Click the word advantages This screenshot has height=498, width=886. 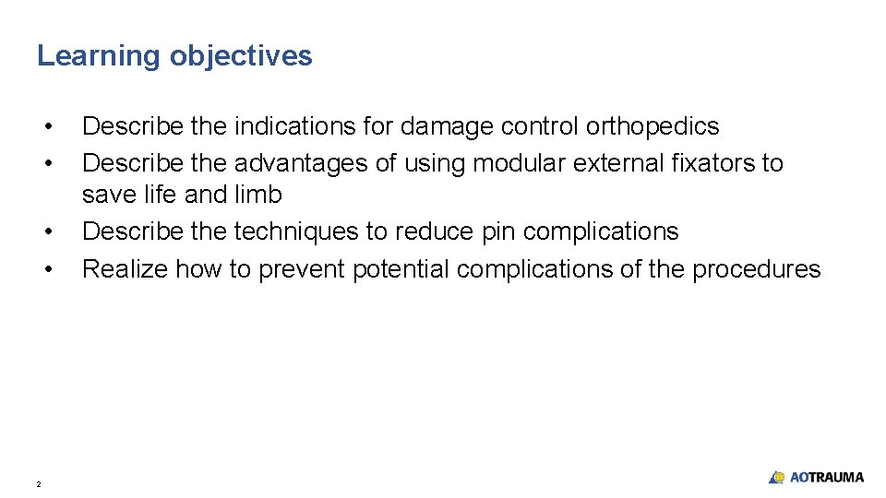[306, 163]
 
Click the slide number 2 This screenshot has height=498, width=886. [39, 483]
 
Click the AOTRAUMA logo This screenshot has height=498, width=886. [817, 477]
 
